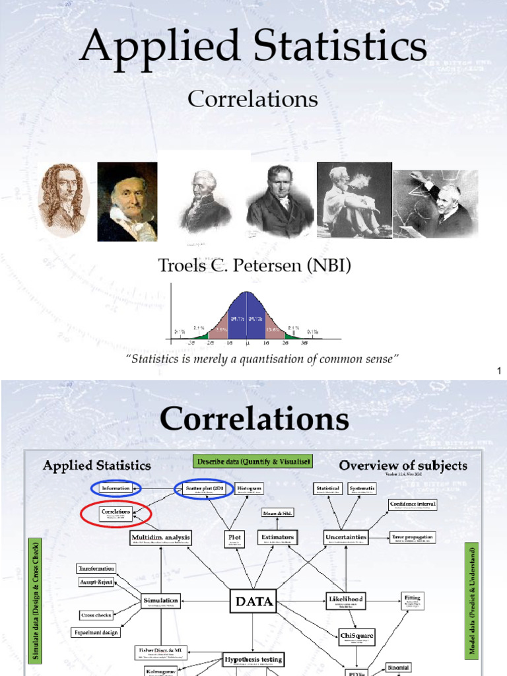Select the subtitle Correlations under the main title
(x=253, y=99)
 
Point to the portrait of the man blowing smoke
(x=354, y=200)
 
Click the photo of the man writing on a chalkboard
(x=436, y=203)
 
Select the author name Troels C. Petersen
(x=254, y=266)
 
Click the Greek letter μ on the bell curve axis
(x=246, y=343)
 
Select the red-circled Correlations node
(x=116, y=513)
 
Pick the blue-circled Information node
(x=116, y=488)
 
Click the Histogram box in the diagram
(x=250, y=488)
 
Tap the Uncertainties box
(x=345, y=537)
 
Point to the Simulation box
(x=160, y=600)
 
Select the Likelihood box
(x=345, y=599)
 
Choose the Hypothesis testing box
(x=253, y=659)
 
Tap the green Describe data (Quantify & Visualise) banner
(x=253, y=461)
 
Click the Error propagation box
(x=413, y=537)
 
